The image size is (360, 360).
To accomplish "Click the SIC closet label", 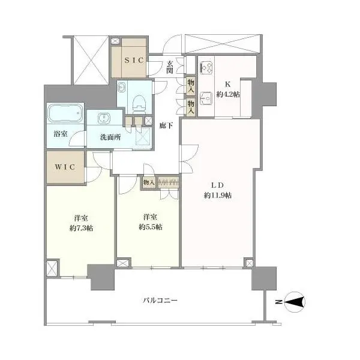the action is click(134, 61).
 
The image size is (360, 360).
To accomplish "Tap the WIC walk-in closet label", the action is click(65, 167).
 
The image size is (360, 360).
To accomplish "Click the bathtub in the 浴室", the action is click(65, 113).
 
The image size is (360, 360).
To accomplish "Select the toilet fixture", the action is click(140, 104).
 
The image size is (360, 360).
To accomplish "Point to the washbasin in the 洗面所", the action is click(104, 118).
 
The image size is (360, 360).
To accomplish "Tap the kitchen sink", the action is click(206, 98).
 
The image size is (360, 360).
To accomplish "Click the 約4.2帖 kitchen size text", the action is click(228, 94).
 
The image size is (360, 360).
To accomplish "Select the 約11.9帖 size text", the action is click(218, 195).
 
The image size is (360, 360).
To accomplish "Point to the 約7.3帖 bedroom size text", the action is click(81, 228).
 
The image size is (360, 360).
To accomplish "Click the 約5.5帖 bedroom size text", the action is click(151, 227).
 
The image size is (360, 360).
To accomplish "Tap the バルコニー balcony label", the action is click(160, 301).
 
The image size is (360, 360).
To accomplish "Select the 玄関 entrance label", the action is click(170, 67).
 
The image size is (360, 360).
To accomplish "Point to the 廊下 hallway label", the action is click(166, 125).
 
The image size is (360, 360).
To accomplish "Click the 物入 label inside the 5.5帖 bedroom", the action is click(149, 182).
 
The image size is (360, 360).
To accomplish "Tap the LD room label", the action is click(217, 185).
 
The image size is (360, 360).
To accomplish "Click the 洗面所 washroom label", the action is click(110, 137).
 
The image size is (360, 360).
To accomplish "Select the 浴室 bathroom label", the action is click(61, 134).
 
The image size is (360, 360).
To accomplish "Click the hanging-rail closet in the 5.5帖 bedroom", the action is click(168, 183).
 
